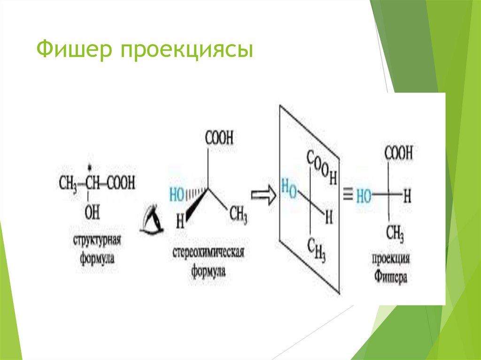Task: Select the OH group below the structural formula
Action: (x=92, y=213)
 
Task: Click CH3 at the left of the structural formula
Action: (x=68, y=183)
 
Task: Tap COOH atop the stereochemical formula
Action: (x=219, y=138)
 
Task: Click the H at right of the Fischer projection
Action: (x=407, y=196)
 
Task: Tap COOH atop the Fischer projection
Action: (x=398, y=153)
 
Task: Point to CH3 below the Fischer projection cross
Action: (x=396, y=232)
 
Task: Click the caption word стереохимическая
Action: (x=208, y=254)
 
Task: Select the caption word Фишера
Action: (x=391, y=277)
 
